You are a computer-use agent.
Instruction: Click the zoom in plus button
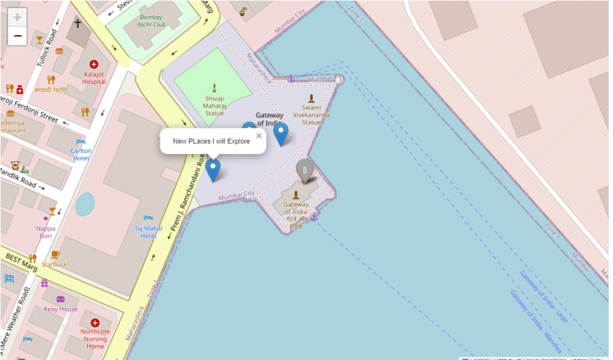pyautogui.click(x=18, y=17)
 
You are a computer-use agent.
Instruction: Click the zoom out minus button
pyautogui.click(x=18, y=36)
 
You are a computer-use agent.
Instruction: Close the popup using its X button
pyautogui.click(x=259, y=136)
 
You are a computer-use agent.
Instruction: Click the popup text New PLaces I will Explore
pyautogui.click(x=212, y=141)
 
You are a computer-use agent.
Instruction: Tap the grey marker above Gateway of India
pyautogui.click(x=304, y=170)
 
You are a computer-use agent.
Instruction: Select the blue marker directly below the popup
pyautogui.click(x=213, y=169)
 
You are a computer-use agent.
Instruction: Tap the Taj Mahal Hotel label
pyautogui.click(x=148, y=231)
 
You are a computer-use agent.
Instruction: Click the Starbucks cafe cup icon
pyautogui.click(x=55, y=255)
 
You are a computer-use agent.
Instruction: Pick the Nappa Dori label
pyautogui.click(x=46, y=231)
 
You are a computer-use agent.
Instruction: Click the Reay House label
pyautogui.click(x=61, y=308)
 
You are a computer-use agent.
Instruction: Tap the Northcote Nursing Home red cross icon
pyautogui.click(x=95, y=322)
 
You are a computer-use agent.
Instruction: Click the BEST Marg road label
pyautogui.click(x=21, y=259)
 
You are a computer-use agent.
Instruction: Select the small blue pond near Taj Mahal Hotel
pyautogui.click(x=85, y=204)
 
